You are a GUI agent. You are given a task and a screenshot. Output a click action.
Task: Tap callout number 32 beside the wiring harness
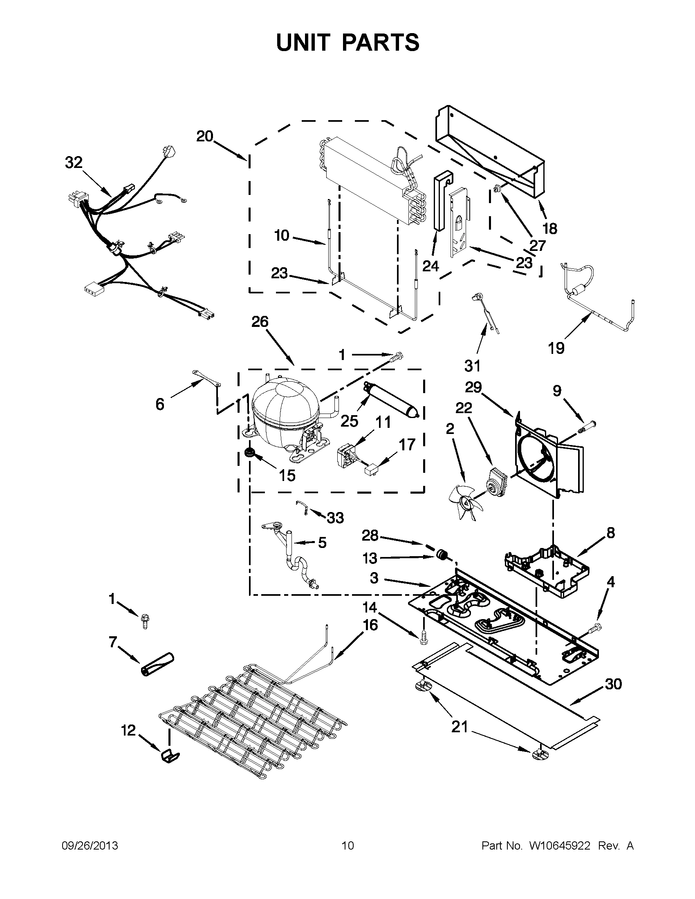coord(74,163)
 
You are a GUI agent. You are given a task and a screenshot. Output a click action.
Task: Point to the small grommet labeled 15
coord(249,453)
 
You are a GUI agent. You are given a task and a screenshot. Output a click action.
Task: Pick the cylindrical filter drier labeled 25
coord(391,399)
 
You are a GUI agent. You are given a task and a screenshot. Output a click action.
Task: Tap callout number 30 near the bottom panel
coord(613,684)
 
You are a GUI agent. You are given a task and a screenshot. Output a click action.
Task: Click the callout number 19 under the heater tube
coord(556,348)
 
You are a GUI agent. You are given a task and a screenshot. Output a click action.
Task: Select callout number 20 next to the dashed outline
coord(204,136)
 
